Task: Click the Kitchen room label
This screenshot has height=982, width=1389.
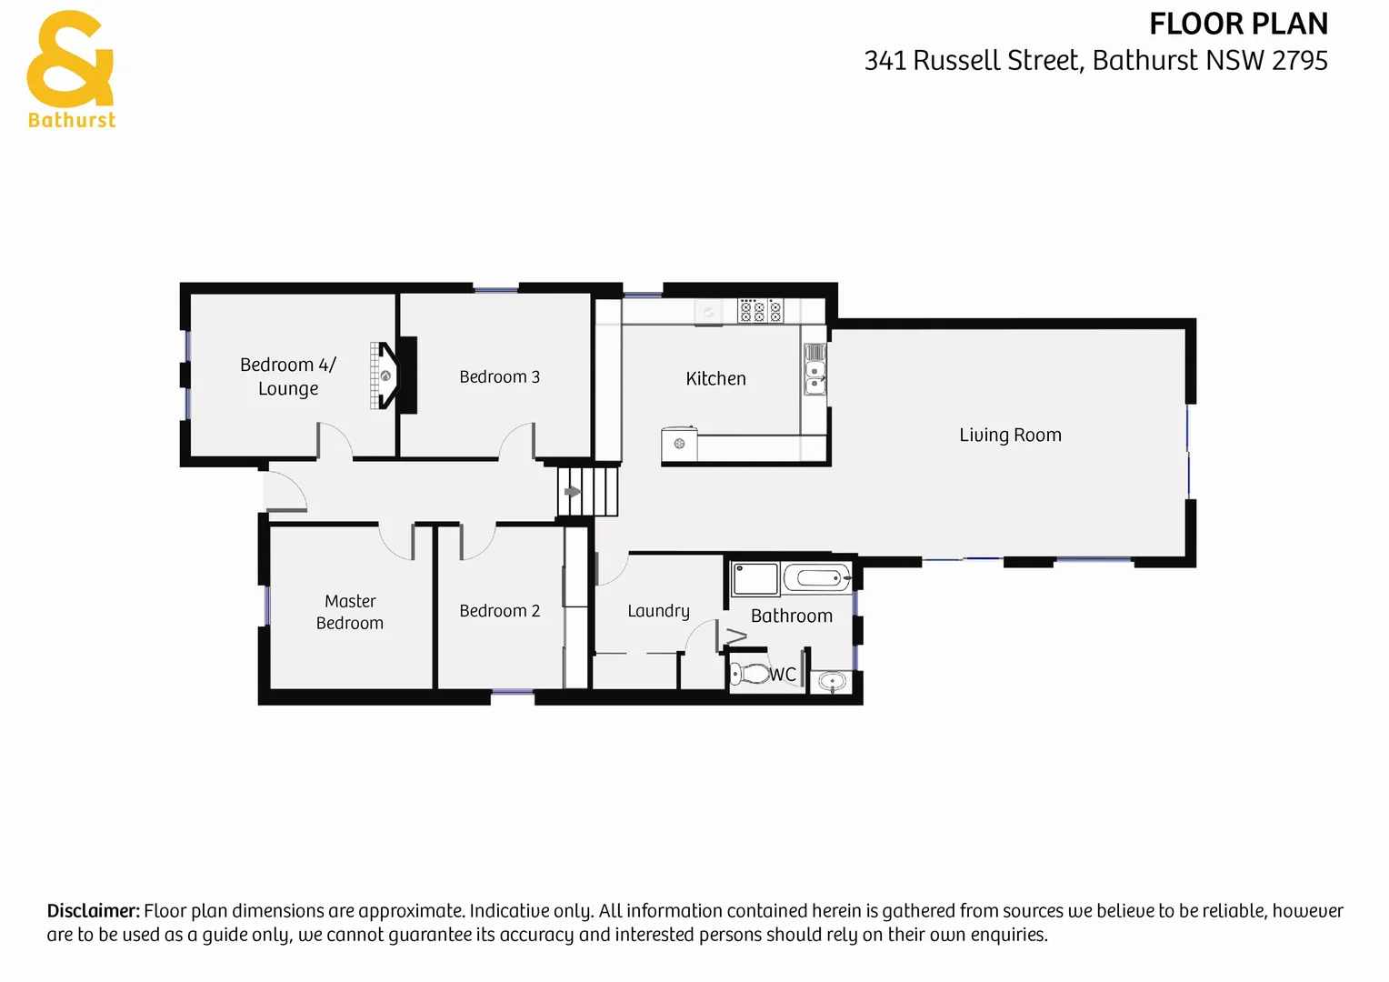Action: [715, 378]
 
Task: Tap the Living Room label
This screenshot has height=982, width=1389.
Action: [1010, 435]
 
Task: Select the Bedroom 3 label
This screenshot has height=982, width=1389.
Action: [499, 376]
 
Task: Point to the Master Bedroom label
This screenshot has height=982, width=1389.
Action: [350, 612]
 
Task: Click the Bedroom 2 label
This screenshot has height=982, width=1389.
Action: [499, 611]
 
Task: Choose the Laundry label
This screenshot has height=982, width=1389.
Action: [658, 611]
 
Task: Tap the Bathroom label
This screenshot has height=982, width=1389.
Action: [791, 616]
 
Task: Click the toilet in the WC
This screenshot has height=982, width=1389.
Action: [749, 674]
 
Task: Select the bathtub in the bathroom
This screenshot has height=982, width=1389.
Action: [816, 577]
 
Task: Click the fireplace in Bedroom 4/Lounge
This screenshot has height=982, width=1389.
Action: [385, 375]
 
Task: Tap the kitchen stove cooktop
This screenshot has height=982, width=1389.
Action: [759, 311]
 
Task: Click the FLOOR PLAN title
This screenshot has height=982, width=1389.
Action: [1238, 24]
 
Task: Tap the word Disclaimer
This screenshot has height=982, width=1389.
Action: [93, 911]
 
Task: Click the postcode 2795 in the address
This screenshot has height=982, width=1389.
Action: [1300, 61]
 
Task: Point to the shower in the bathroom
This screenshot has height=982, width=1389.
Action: [755, 578]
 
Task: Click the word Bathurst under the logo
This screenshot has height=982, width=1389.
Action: [72, 120]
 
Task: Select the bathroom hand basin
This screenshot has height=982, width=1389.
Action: [832, 680]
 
